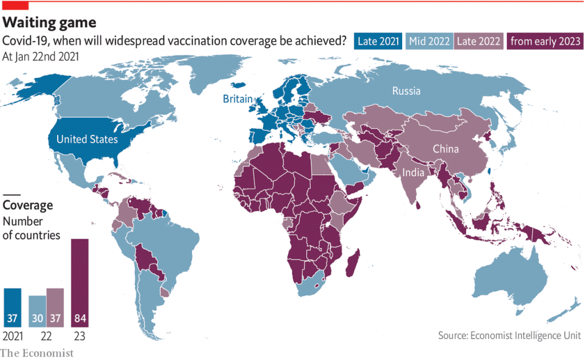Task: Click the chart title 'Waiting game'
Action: coord(49,22)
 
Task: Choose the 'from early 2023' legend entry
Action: coord(545,41)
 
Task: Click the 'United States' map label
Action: coord(87,139)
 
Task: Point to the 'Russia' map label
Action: coord(406,91)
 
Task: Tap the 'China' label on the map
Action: coord(446,149)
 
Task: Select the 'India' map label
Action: coord(413,173)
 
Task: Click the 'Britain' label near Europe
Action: coord(237,99)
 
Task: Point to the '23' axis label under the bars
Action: coord(79,335)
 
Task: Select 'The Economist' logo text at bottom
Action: coord(37,353)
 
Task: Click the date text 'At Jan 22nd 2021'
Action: coord(41,57)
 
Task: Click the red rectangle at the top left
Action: coord(14,5)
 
